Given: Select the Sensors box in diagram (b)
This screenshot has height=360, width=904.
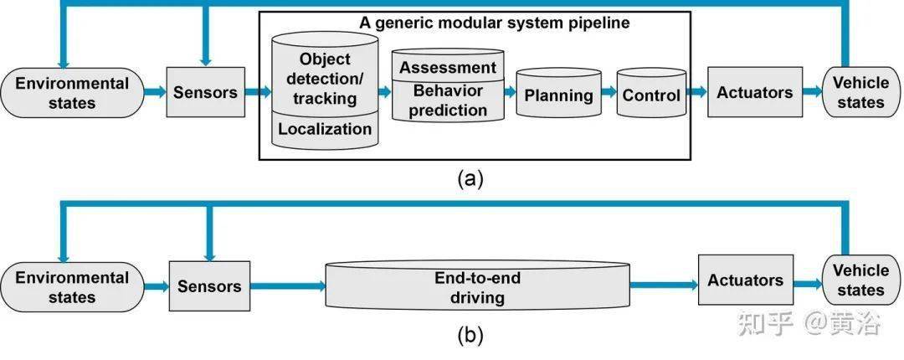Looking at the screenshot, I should click(x=209, y=285).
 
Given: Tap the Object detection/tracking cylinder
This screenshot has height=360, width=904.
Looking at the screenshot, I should click(x=325, y=80).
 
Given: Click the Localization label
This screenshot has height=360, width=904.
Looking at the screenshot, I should click(x=325, y=130).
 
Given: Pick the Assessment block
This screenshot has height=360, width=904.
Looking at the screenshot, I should click(x=448, y=68).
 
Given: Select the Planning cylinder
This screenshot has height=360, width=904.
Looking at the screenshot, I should click(x=558, y=95).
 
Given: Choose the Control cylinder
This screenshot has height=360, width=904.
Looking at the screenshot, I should click(x=651, y=95).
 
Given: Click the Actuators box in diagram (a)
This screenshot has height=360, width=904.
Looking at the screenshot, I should click(x=755, y=92).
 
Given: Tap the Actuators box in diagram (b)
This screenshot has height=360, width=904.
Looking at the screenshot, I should click(x=746, y=280).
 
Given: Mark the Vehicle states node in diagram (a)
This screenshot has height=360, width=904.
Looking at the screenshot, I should click(x=860, y=92).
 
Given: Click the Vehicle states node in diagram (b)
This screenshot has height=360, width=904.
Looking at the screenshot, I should click(x=861, y=280).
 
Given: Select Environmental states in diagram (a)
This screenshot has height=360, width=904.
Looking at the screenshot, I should click(x=72, y=92).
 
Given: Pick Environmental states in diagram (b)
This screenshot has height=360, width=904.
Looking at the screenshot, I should click(x=72, y=287).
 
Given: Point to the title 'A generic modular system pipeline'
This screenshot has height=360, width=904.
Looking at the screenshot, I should click(x=495, y=23).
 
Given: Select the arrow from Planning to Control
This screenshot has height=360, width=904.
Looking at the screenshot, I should click(x=609, y=94).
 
